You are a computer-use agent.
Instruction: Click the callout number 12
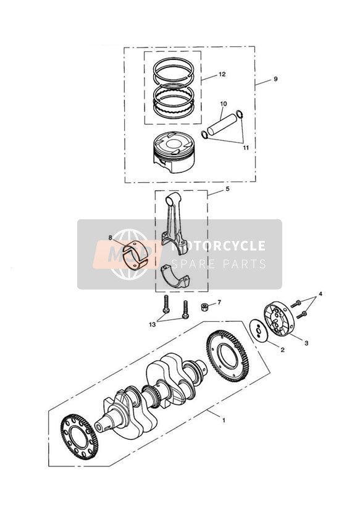(x=222, y=74)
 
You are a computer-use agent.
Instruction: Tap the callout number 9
(x=275, y=80)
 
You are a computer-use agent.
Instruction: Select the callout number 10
(x=223, y=104)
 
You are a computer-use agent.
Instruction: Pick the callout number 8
(x=111, y=237)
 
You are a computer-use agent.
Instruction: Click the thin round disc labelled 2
(x=258, y=330)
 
